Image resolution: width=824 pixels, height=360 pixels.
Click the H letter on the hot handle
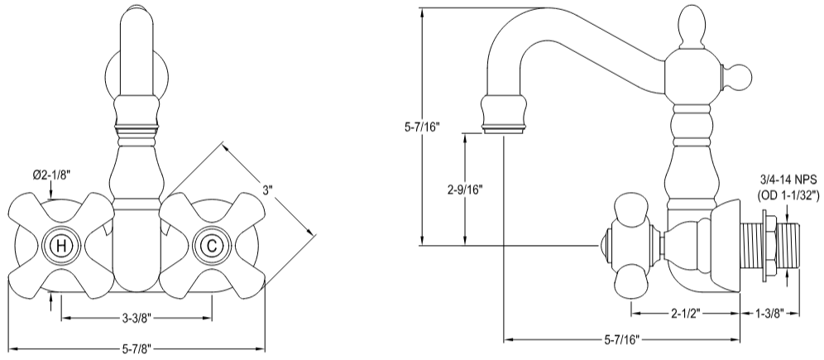click(x=60, y=246)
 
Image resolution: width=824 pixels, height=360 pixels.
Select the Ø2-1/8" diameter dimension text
click(x=51, y=175)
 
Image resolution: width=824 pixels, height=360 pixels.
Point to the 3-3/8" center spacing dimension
click(x=136, y=317)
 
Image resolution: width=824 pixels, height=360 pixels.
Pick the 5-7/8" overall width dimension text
click(x=136, y=348)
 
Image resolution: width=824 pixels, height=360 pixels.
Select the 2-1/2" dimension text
click(x=685, y=313)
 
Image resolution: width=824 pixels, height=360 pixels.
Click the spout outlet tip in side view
click(x=503, y=124)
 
